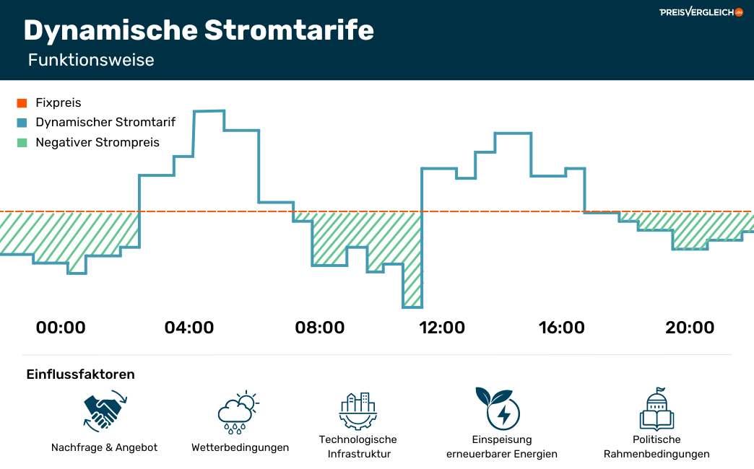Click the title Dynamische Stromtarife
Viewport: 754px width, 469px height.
(199, 30)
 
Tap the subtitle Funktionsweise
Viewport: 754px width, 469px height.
(91, 60)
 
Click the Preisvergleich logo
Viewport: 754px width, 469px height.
(701, 12)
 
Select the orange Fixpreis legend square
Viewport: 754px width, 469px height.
(22, 103)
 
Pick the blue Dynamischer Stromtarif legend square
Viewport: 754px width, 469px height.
(22, 123)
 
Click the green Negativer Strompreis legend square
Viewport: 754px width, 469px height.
(22, 143)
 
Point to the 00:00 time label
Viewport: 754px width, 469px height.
(61, 328)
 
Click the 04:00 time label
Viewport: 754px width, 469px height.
(189, 328)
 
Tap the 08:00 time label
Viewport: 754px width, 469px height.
(320, 328)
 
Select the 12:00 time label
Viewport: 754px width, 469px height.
(442, 328)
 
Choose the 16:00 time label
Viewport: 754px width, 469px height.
(561, 328)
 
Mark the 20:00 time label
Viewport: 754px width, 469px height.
(690, 328)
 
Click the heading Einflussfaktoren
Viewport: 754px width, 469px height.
(80, 374)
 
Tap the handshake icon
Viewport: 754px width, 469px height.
(105, 411)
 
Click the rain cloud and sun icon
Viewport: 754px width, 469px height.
(238, 412)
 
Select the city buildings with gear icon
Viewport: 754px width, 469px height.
(357, 411)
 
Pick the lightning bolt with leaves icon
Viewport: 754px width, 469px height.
(498, 408)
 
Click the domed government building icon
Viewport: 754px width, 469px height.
(657, 409)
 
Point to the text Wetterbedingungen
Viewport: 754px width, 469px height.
(240, 448)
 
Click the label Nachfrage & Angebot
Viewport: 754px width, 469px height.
(104, 448)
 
